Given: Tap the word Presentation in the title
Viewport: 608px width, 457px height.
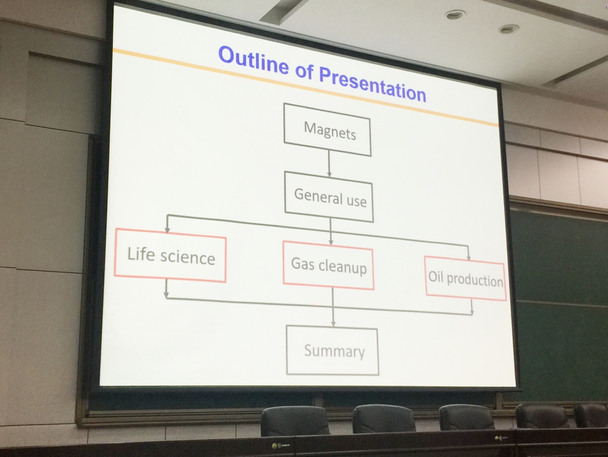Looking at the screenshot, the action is pos(373,84).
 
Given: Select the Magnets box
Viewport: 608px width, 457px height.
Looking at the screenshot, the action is pos(328,130).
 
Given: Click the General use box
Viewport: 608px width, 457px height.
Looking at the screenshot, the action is pos(329,197).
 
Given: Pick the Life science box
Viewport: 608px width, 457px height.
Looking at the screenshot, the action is pos(170,255).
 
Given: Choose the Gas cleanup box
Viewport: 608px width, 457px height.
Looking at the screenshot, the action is pos(328,265).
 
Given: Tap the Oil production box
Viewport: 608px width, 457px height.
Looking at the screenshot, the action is pos(466,278).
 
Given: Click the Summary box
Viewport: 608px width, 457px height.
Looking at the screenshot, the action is pos(332,350).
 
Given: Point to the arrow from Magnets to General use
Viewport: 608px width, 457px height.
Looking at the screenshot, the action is pos(329,164).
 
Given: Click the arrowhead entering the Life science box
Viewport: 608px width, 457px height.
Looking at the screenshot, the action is pos(167,230).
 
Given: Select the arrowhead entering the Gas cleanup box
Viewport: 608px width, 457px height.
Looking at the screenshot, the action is pos(331,242).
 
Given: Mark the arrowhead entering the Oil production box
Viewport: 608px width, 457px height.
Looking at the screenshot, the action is pos(469,258).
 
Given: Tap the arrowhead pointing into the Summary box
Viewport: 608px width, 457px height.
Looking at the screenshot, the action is pos(333,324).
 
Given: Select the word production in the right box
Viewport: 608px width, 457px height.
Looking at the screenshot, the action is pos(475,280).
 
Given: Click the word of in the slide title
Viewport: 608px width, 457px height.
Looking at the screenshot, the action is pos(304,72).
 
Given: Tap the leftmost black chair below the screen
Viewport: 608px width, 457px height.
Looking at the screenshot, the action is pos(295,421).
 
